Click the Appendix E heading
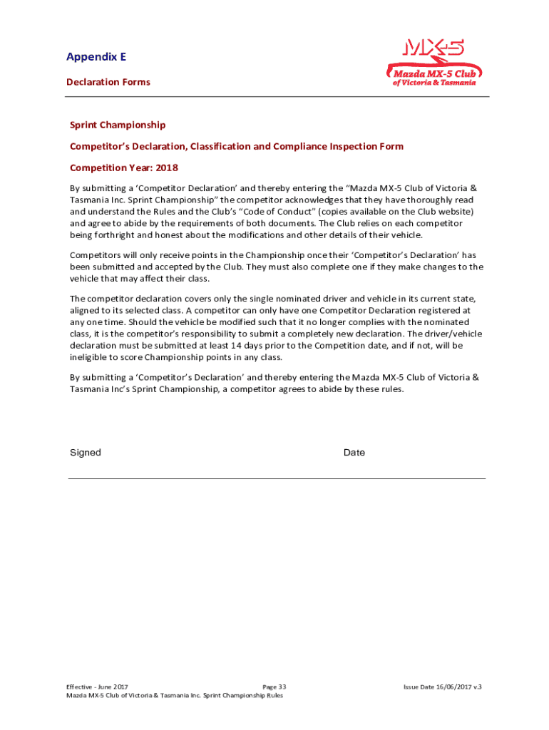[x=96, y=57]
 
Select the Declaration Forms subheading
[x=108, y=82]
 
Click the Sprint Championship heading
[x=118, y=125]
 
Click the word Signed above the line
[x=86, y=453]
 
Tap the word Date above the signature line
[x=354, y=453]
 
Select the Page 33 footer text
[x=274, y=687]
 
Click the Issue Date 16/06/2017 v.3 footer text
[x=442, y=687]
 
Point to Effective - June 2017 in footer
[x=98, y=687]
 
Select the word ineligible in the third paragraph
[x=91, y=357]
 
